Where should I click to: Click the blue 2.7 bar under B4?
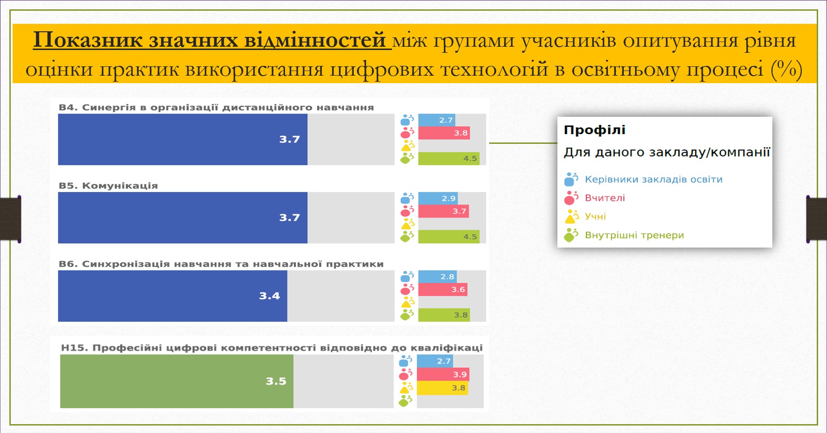[437, 120]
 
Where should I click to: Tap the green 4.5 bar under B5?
[449, 237]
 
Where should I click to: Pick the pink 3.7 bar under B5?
[443, 211]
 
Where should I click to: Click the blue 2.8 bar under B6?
[438, 277]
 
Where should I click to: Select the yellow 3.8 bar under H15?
[442, 388]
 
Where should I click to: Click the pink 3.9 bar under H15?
[443, 375]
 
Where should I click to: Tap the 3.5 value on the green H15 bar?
[276, 381]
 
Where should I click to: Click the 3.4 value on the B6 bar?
[270, 296]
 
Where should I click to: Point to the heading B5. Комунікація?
[108, 185]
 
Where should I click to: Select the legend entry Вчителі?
[605, 198]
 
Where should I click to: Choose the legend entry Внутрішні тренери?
[635, 235]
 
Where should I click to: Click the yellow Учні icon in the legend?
[571, 216]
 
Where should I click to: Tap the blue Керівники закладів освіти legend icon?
[571, 179]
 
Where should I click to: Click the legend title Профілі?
[595, 130]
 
